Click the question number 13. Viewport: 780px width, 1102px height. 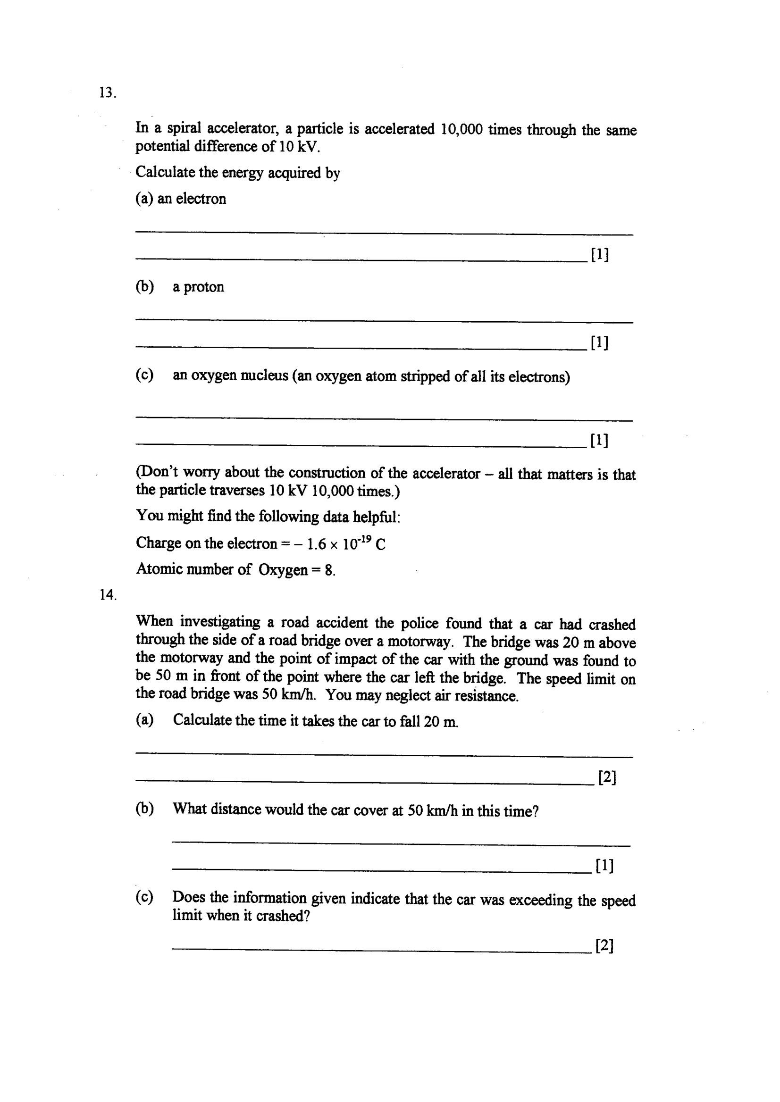point(107,92)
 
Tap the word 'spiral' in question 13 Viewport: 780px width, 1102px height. point(184,129)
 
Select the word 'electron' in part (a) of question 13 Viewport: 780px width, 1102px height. point(201,199)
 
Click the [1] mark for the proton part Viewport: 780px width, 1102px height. point(600,342)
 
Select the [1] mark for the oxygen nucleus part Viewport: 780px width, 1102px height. point(599,440)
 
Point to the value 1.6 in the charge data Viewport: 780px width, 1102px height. point(317,544)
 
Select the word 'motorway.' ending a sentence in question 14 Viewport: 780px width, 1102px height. point(420,642)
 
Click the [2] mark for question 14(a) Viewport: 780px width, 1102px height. point(607,777)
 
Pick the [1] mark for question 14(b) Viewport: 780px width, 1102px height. point(604,865)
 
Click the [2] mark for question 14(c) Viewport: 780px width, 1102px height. point(604,945)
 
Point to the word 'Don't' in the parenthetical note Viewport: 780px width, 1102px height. point(157,473)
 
